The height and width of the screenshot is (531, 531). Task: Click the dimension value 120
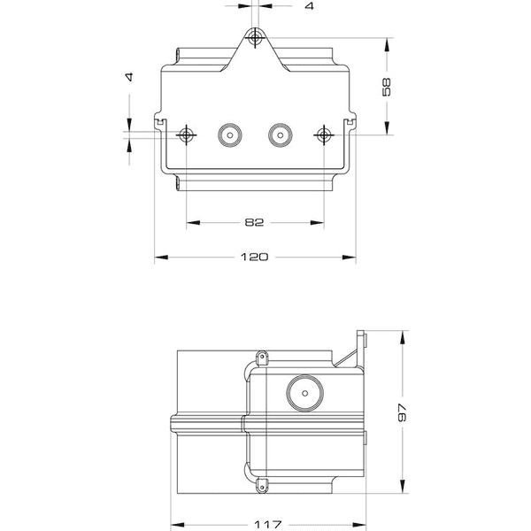pos(255,258)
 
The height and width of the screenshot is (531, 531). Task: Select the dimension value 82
pos(255,222)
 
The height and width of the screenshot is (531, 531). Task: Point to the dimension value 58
pos(388,87)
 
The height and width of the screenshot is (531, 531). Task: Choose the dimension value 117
pos(267,522)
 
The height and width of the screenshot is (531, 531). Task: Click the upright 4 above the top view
pos(309,6)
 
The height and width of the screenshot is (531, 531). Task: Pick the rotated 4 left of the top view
pos(130,77)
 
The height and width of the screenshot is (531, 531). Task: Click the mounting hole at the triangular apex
pos(256,38)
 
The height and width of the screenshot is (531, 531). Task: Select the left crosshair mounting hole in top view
pos(186,135)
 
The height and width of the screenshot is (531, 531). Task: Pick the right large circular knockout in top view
pos(281,135)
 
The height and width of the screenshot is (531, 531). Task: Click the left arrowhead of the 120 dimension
pos(160,258)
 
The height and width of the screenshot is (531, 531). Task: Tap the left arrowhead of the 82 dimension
pos(191,222)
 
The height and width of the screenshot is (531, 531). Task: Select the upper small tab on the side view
pos(263,358)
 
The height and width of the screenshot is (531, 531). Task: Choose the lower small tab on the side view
pos(263,484)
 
